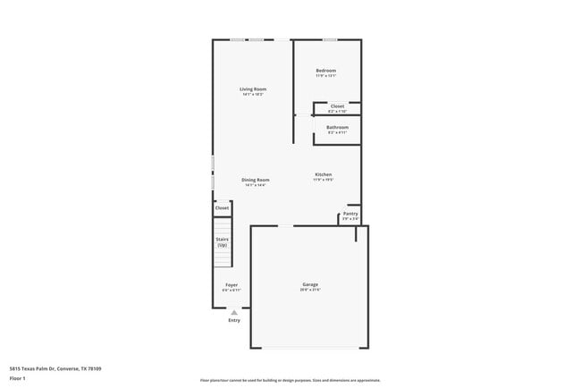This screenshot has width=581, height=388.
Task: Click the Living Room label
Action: (x=253, y=89)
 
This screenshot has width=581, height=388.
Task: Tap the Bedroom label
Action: (x=325, y=71)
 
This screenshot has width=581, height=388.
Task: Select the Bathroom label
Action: (x=337, y=127)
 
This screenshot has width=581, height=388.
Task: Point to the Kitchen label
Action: (x=323, y=173)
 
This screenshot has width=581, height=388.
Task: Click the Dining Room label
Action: (x=256, y=180)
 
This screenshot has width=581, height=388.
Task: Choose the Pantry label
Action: (x=350, y=214)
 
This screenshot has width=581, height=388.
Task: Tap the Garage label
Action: (x=309, y=284)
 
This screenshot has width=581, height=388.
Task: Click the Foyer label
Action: (x=231, y=285)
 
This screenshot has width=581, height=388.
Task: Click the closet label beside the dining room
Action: (x=222, y=207)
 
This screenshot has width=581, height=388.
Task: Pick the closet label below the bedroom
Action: (x=337, y=105)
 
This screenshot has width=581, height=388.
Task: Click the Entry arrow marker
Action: (x=234, y=312)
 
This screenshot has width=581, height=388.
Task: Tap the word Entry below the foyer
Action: (x=234, y=320)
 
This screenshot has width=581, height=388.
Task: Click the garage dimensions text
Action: (x=309, y=290)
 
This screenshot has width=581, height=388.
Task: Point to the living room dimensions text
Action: (x=253, y=94)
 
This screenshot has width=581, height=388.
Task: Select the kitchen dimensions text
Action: (x=323, y=179)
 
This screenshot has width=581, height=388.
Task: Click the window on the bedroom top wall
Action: (x=330, y=39)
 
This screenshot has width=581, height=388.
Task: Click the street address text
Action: (x=55, y=367)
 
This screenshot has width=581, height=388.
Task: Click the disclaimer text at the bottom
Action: (x=290, y=380)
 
